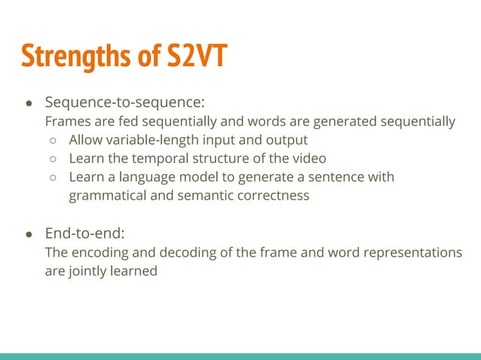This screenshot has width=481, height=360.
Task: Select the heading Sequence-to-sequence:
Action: (124, 102)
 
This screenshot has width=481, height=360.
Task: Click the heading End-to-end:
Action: (84, 233)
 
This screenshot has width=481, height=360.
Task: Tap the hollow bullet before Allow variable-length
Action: (54, 140)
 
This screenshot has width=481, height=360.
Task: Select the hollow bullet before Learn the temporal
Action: (54, 159)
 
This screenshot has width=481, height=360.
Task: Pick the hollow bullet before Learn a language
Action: (54, 178)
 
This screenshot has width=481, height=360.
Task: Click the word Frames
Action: (66, 121)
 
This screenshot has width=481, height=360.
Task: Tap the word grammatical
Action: (105, 196)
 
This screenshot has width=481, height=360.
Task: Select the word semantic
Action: (199, 196)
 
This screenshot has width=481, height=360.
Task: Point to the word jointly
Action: (88, 271)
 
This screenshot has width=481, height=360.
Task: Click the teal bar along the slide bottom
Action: (240, 355)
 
